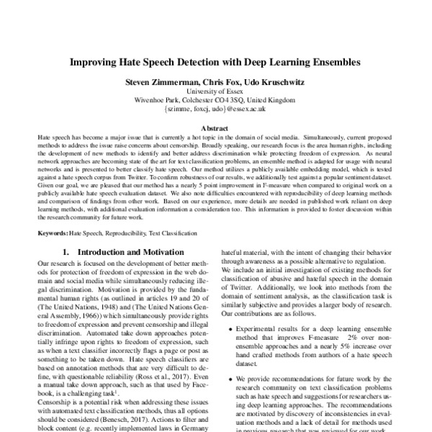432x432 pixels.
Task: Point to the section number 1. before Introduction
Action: click(x=67, y=253)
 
